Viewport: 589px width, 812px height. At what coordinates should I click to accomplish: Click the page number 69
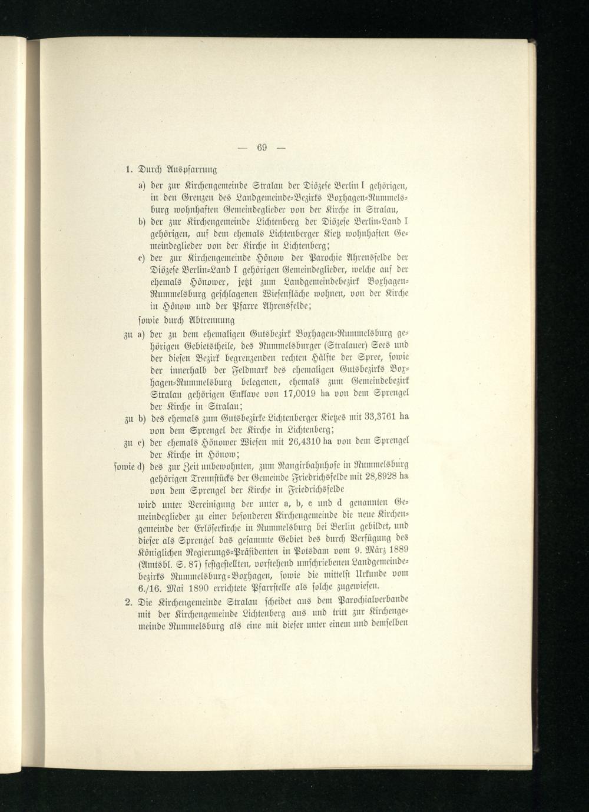pyautogui.click(x=262, y=147)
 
